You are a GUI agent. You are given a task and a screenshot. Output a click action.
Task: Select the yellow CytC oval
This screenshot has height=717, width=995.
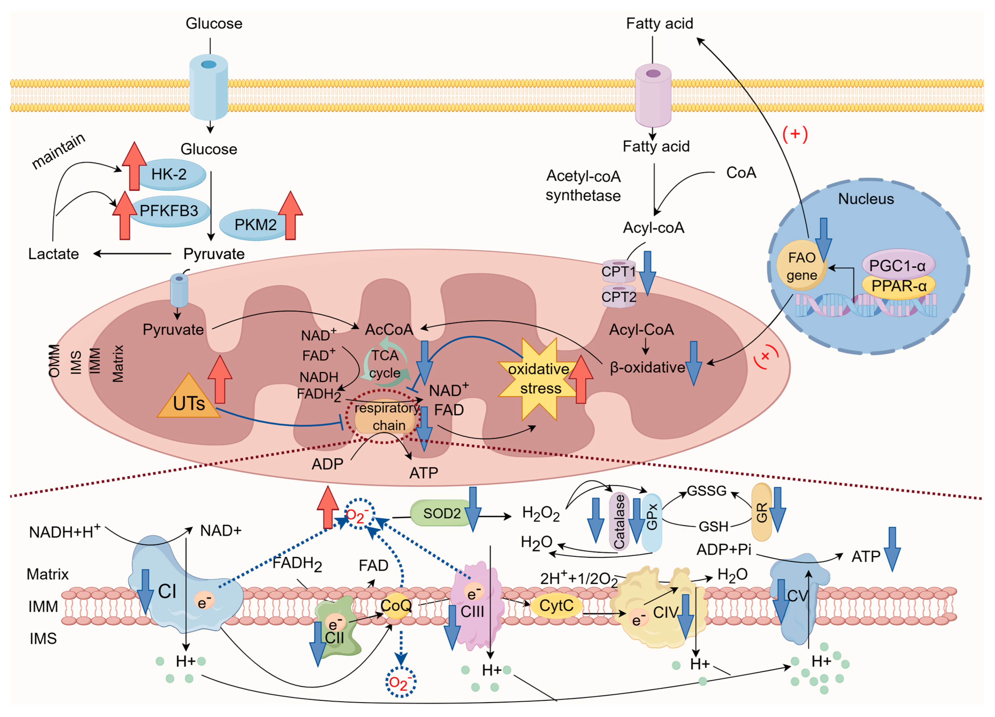(x=556, y=606)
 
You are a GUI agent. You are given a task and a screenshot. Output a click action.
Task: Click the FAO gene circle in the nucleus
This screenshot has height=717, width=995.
(x=802, y=265)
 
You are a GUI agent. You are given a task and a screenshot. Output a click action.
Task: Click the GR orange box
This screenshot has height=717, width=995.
(x=762, y=512)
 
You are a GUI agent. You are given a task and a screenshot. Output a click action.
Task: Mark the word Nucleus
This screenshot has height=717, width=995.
(x=866, y=199)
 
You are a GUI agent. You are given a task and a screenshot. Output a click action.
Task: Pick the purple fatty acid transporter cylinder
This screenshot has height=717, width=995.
(x=653, y=95)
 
